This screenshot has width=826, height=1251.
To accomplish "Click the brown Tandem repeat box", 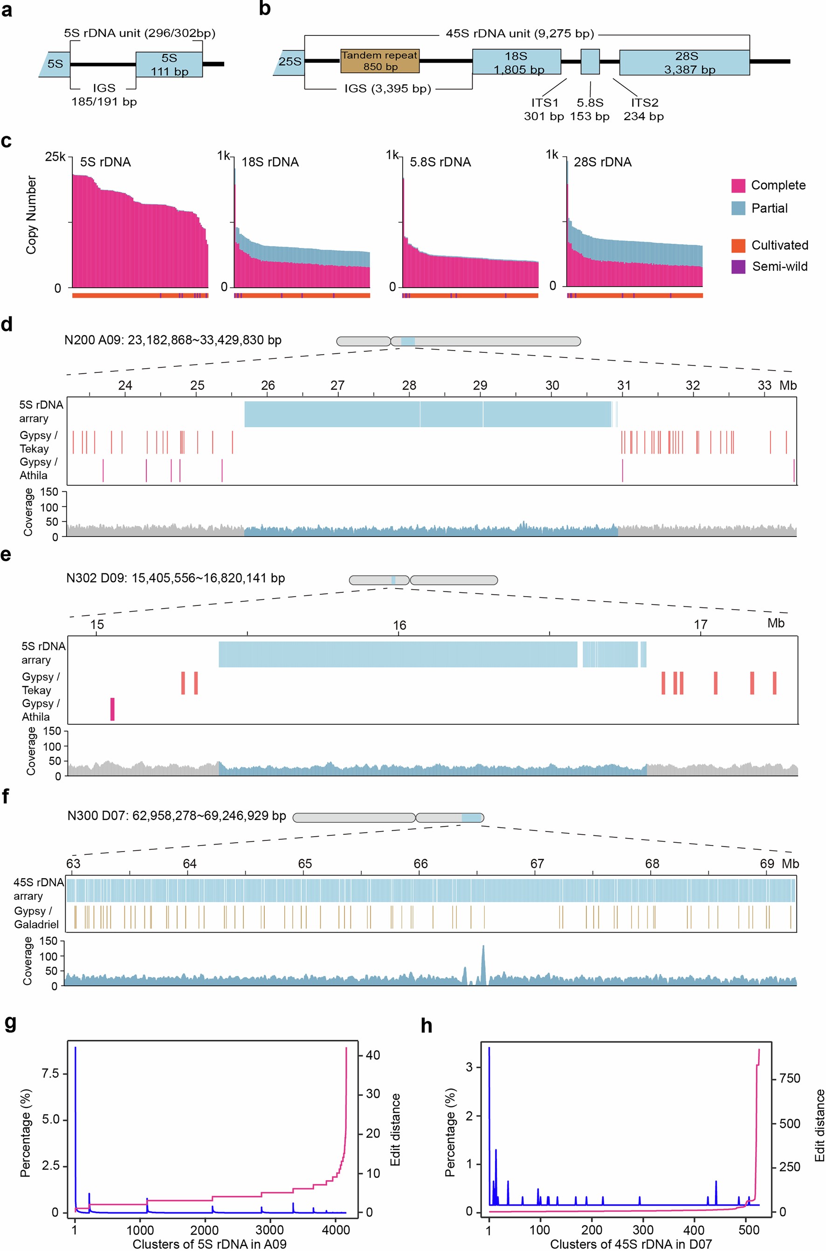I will pyautogui.click(x=379, y=61).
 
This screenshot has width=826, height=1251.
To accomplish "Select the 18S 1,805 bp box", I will pyautogui.click(x=516, y=62).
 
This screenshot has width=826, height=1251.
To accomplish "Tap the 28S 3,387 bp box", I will pyautogui.click(x=684, y=62).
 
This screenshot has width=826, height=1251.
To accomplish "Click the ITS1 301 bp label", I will pyautogui.click(x=544, y=110).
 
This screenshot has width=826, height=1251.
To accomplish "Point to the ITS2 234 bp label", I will pyautogui.click(x=643, y=110).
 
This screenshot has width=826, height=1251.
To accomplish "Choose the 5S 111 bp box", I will pyautogui.click(x=169, y=64).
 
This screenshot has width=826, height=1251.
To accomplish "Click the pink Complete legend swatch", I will pyautogui.click(x=738, y=186).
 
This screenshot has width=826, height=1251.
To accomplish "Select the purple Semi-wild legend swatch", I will pyautogui.click(x=738, y=267).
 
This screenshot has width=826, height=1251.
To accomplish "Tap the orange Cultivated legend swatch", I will pyautogui.click(x=738, y=246).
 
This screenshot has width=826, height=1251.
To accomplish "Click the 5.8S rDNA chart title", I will pyautogui.click(x=440, y=162).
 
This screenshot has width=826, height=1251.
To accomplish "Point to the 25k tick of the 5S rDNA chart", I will pyautogui.click(x=55, y=157).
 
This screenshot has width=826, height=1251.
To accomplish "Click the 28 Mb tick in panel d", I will pyautogui.click(x=409, y=385).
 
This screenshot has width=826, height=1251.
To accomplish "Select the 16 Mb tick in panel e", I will pyautogui.click(x=399, y=625).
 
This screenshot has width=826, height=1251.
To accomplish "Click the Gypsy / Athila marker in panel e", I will pyautogui.click(x=112, y=709).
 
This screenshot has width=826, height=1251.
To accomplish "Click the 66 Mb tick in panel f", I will pyautogui.click(x=420, y=864).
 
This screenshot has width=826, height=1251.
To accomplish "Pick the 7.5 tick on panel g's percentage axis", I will pyautogui.click(x=50, y=1073).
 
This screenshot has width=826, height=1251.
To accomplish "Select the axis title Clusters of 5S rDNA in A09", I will pyautogui.click(x=209, y=1244).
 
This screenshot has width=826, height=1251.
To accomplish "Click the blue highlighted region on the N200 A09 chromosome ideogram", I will pyautogui.click(x=408, y=341).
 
